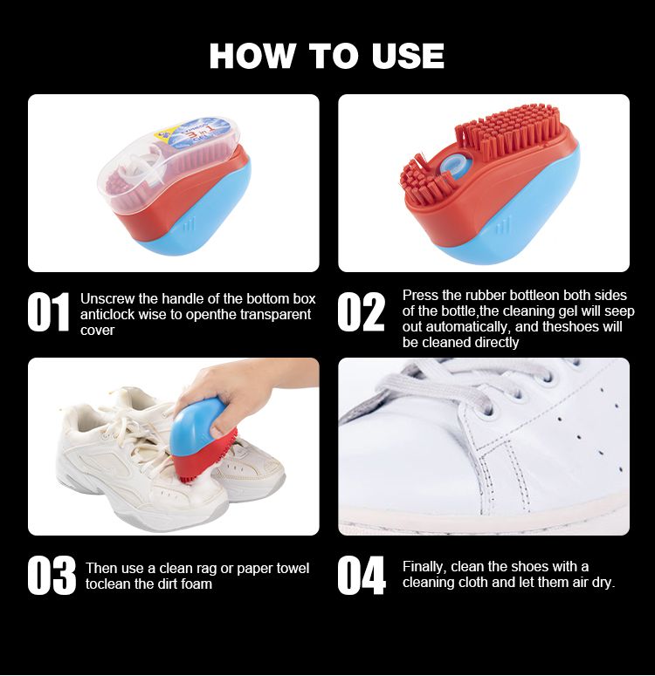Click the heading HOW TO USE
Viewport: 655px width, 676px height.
tap(327, 56)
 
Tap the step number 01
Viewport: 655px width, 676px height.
tap(48, 311)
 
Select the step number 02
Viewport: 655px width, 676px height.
tap(361, 311)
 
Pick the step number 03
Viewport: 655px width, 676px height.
tap(52, 576)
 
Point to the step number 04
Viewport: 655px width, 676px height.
tap(362, 576)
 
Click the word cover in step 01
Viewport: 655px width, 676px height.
tap(97, 331)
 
